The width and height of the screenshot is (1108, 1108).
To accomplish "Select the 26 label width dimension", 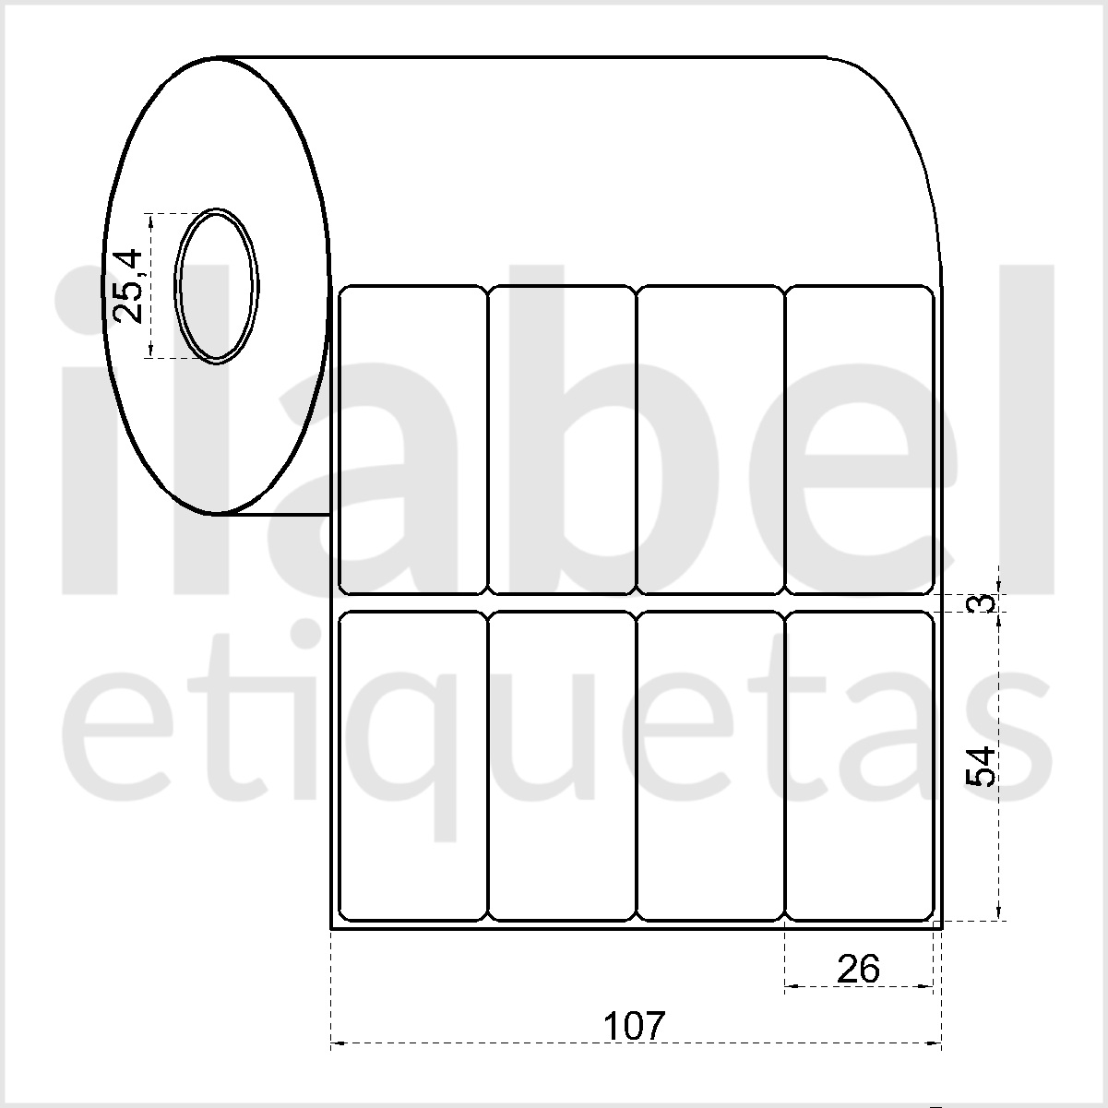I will coord(858,970).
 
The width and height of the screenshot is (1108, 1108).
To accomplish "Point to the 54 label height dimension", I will coord(981,766).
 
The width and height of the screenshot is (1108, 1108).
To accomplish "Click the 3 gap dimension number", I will coord(984,603).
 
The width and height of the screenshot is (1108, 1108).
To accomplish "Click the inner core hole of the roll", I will coord(216,286).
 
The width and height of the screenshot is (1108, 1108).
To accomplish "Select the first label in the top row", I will coord(412,440).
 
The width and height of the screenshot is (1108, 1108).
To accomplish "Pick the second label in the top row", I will coord(561,440).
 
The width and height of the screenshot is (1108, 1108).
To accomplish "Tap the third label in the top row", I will coord(709,440).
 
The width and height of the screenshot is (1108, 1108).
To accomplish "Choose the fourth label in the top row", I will coord(859,440).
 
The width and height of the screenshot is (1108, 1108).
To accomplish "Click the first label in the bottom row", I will coord(412,766).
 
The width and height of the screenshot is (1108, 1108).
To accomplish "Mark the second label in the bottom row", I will coord(561,766).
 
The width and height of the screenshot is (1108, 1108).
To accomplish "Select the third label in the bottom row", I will coord(709,766).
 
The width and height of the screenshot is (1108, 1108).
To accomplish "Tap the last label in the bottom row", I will coord(859,766).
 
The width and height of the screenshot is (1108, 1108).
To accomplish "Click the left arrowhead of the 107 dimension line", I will coord(335,1043).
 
